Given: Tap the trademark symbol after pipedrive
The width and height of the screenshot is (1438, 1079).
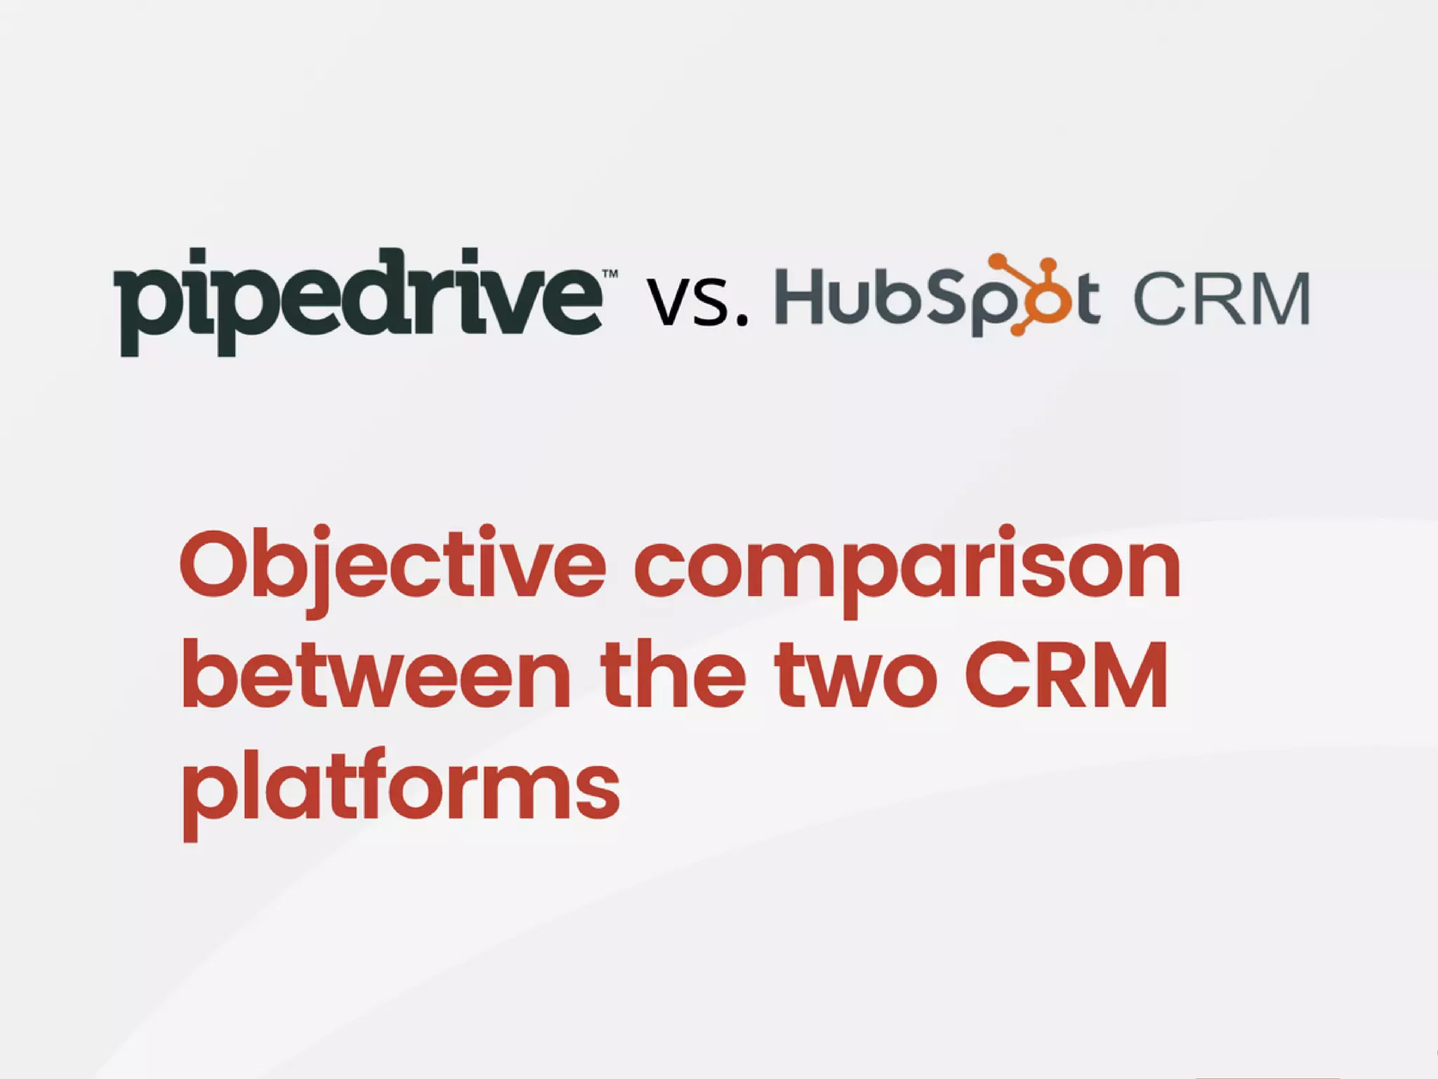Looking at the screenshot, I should tap(610, 274).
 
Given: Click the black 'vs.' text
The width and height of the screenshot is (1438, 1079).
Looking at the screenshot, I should tap(695, 302).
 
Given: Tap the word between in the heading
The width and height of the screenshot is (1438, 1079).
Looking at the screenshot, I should tap(376, 674).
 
